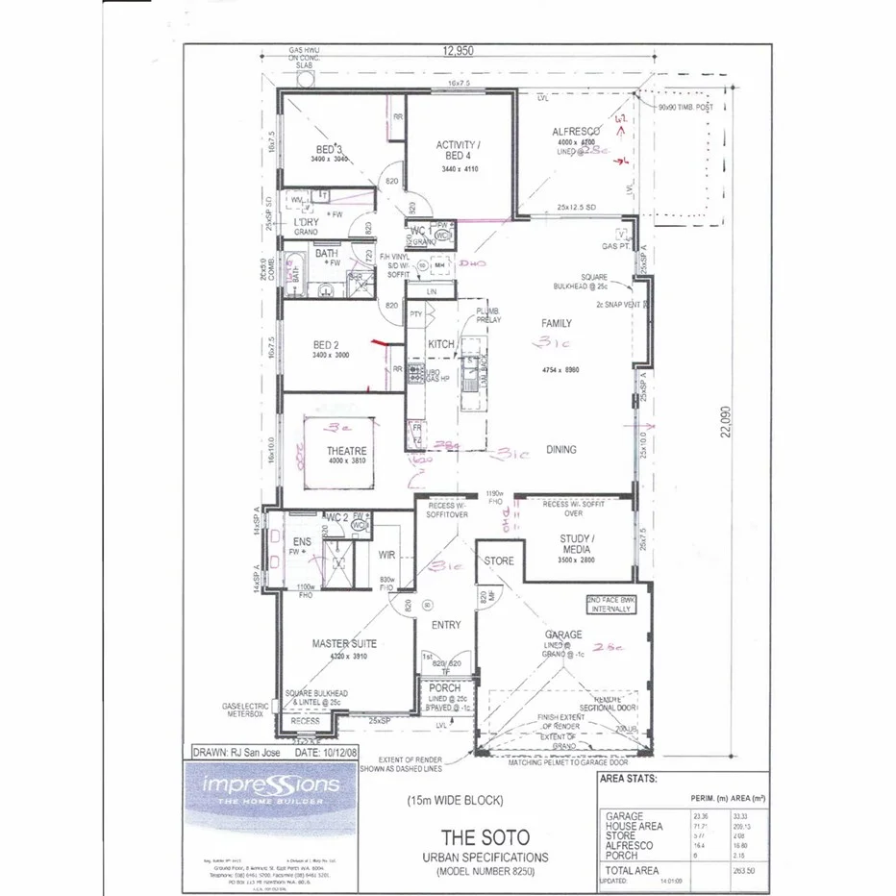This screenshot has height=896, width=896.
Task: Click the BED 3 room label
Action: [330, 148]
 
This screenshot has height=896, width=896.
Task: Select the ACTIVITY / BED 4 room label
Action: [458, 151]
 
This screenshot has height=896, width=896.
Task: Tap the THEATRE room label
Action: [346, 451]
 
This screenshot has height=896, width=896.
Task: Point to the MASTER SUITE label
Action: [343, 643]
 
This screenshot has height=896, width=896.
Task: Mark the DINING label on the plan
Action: [560, 449]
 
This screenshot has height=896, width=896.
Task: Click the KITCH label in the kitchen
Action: [440, 344]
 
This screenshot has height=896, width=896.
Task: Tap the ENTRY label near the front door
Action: [445, 625]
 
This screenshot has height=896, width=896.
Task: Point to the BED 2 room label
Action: [326, 344]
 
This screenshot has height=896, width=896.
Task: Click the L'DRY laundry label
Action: [306, 222]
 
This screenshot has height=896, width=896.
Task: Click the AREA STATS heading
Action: [628, 779]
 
